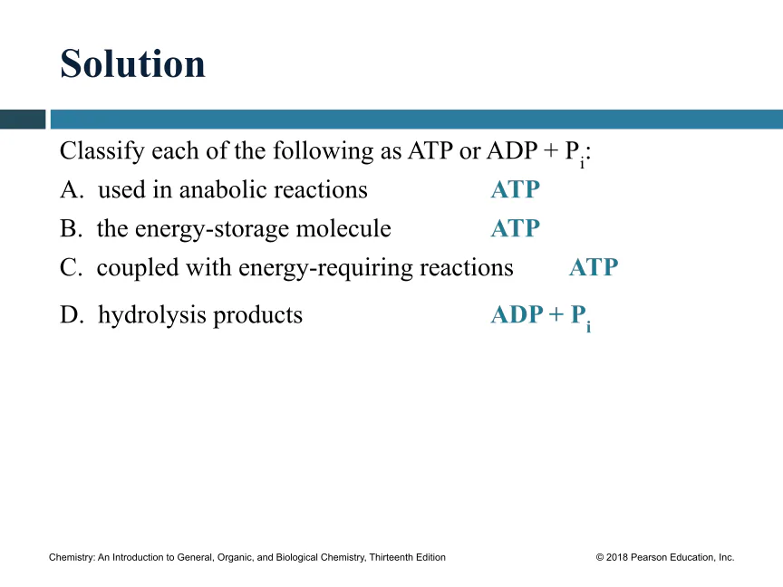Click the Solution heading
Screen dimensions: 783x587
[133, 63]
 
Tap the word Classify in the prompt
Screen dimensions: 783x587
[102, 151]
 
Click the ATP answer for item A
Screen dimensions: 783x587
[516, 189]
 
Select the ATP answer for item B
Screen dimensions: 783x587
[516, 228]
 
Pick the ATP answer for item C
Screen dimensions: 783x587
[594, 267]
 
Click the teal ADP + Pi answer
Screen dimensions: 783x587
[541, 316]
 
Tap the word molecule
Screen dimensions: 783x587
[343, 228]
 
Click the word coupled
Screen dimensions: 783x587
[138, 268]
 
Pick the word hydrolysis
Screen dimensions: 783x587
[152, 316]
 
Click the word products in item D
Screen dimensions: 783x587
[257, 316]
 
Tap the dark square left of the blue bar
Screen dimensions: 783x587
[23, 120]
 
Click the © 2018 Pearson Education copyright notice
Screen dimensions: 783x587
[665, 557]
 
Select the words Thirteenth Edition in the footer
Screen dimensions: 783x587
[408, 557]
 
